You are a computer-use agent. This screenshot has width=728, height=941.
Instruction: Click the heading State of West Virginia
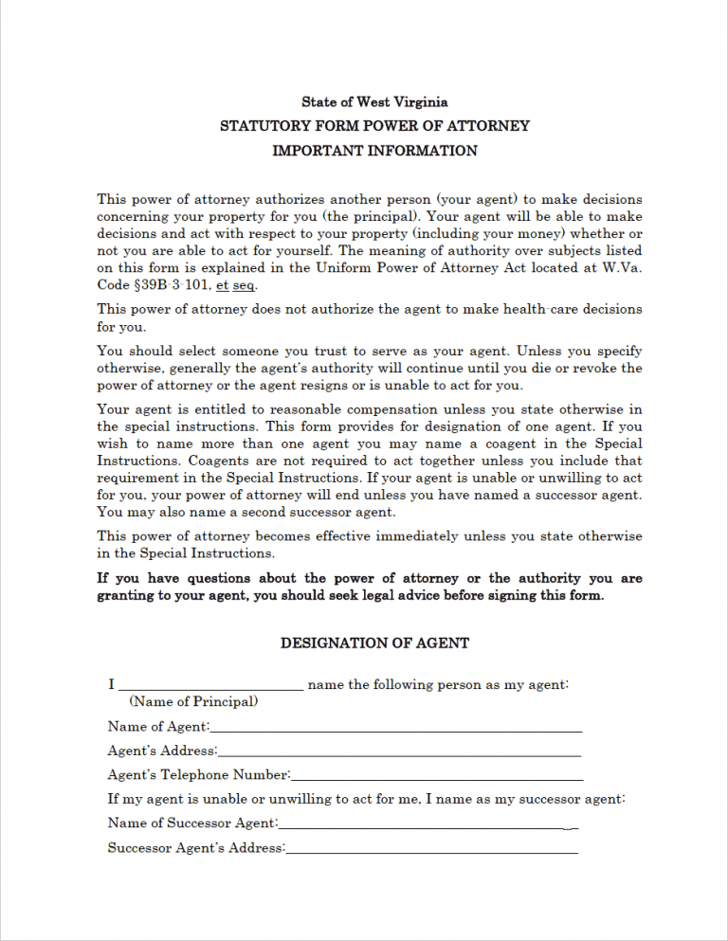click(x=374, y=102)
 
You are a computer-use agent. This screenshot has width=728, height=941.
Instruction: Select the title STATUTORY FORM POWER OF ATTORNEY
click(x=374, y=126)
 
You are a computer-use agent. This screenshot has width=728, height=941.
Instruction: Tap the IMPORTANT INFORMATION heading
click(x=374, y=151)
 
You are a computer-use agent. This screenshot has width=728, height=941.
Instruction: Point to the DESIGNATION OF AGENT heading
click(x=374, y=643)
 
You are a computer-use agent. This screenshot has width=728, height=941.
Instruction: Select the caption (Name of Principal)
click(x=193, y=702)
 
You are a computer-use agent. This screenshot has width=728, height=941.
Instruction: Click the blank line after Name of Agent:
click(x=396, y=730)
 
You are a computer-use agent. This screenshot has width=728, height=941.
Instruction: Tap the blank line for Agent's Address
click(x=399, y=753)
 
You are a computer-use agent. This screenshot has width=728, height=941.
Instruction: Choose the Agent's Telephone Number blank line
click(x=436, y=778)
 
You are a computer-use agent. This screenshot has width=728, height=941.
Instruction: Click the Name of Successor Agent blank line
click(x=428, y=826)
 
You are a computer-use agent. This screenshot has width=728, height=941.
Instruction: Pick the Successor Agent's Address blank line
click(x=431, y=851)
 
